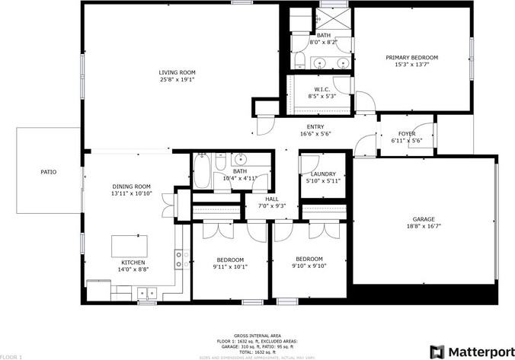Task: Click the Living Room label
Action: point(177,72)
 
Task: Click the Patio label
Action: point(49,172)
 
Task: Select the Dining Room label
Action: point(132,186)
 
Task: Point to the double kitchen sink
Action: point(146,292)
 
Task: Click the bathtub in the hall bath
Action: point(203,171)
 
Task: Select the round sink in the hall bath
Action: point(240,160)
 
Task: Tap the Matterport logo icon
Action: point(437,351)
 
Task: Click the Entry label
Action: point(315,126)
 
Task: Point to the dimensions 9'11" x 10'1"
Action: point(229,266)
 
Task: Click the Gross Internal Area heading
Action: point(257,335)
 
